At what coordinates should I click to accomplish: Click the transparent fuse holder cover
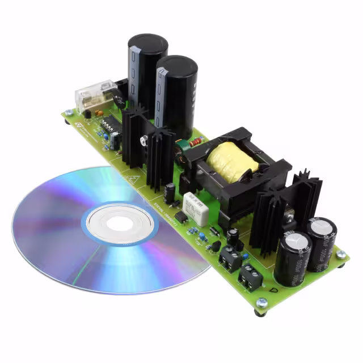pyautogui.click(x=95, y=96)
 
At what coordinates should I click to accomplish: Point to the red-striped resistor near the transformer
pyautogui.click(x=193, y=142)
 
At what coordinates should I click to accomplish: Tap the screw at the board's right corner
pyautogui.click(x=341, y=255)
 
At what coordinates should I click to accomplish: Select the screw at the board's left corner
pyautogui.click(x=69, y=112)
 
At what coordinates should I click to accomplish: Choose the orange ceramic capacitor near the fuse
pyautogui.click(x=99, y=113)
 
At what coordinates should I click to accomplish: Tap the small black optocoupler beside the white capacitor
pyautogui.click(x=181, y=216)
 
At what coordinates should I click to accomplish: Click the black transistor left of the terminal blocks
pyautogui.click(x=216, y=246)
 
